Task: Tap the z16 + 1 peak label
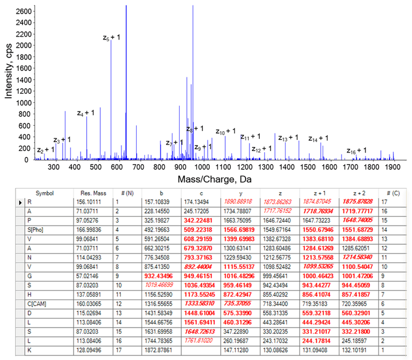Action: click(x=356, y=150)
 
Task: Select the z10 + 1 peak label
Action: click(x=225, y=131)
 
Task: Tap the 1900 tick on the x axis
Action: click(x=391, y=167)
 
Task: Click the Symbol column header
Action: click(x=45, y=193)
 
